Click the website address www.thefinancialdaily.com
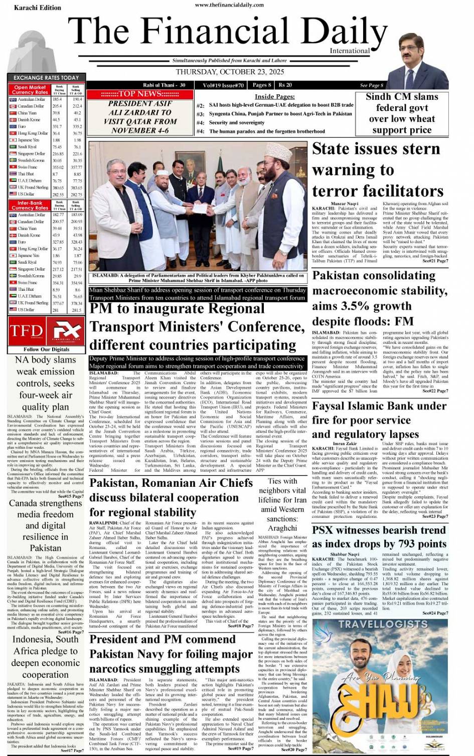[x=229, y=5]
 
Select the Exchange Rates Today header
[x=46, y=78]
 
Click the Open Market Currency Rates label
[x=30, y=90]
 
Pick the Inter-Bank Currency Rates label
[x=30, y=206]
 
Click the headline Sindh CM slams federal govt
[x=401, y=113]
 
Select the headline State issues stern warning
[x=377, y=170]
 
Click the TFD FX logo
[x=46, y=330]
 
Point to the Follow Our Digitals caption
[x=46, y=349]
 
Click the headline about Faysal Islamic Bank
[x=379, y=420]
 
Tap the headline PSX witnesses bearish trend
[x=379, y=537]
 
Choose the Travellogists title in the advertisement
[x=379, y=624]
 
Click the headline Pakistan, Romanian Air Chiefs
[x=171, y=497]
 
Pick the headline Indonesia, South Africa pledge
[x=45, y=657]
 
